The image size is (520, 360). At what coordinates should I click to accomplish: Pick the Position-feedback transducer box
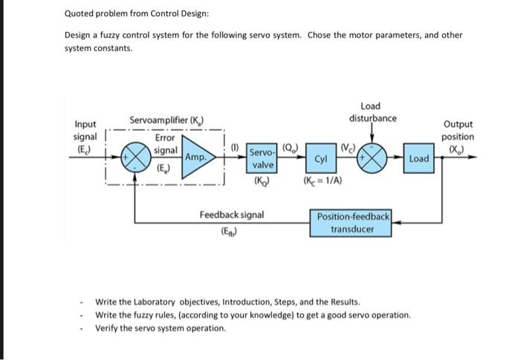click(x=353, y=223)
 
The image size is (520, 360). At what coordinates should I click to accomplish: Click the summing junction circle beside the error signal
click(x=135, y=157)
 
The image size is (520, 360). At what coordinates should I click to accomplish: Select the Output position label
click(x=458, y=131)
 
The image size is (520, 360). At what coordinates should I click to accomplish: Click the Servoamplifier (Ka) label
click(x=167, y=120)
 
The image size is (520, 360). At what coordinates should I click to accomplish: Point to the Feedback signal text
click(x=231, y=215)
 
